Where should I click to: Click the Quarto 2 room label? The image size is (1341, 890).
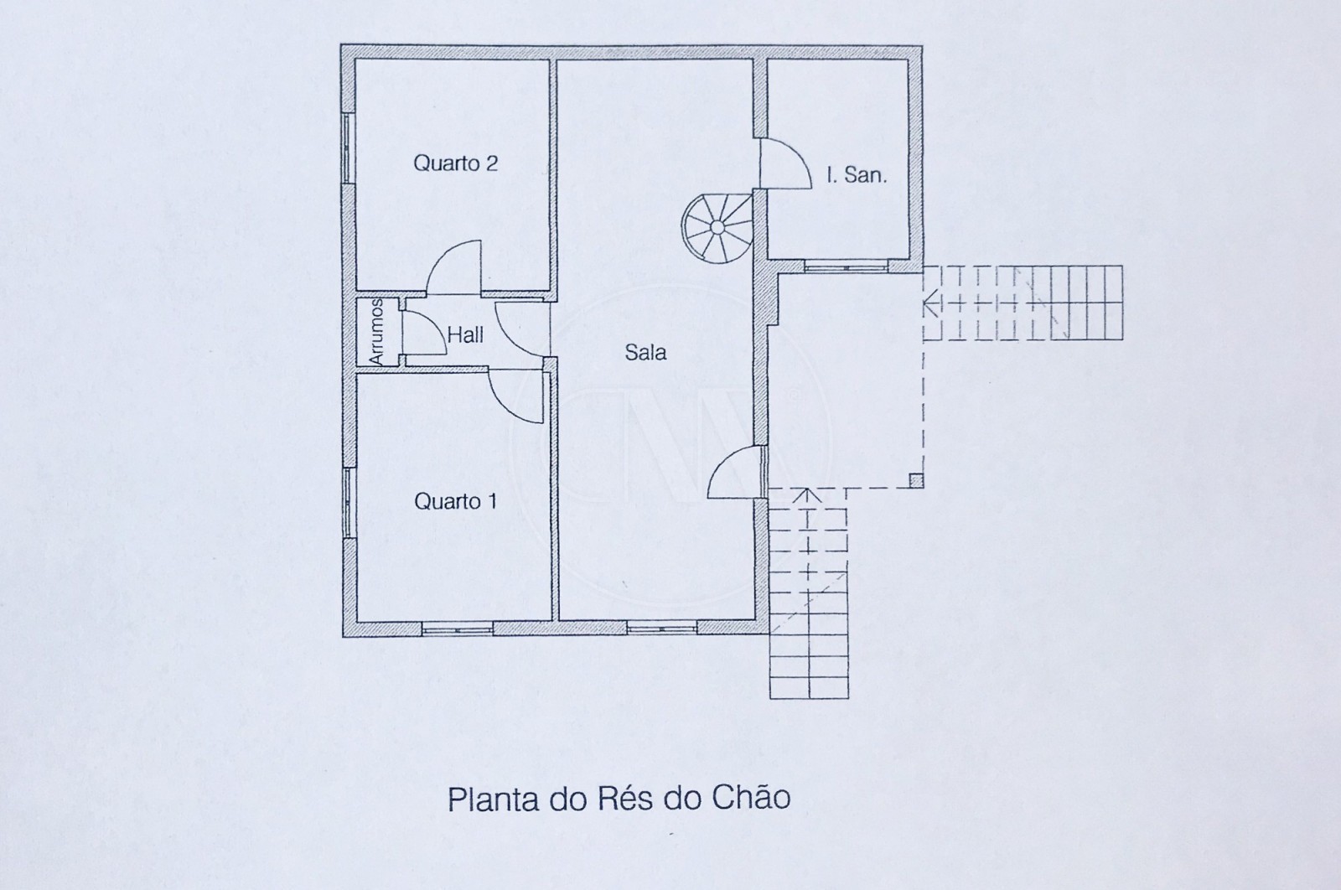pyautogui.click(x=455, y=163)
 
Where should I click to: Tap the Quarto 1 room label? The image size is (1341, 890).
pyautogui.click(x=455, y=501)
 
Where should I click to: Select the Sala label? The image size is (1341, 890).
pyautogui.click(x=645, y=352)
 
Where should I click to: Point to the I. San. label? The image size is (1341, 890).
pyautogui.click(x=856, y=175)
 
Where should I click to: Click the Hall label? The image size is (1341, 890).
pyautogui.click(x=465, y=335)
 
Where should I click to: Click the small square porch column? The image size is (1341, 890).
pyautogui.click(x=916, y=480)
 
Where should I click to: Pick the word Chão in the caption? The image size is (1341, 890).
pyautogui.click(x=751, y=797)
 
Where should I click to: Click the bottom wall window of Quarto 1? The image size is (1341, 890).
pyautogui.click(x=457, y=628)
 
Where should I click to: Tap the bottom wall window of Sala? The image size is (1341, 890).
pyautogui.click(x=662, y=628)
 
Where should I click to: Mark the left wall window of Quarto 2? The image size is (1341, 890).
pyautogui.click(x=346, y=147)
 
